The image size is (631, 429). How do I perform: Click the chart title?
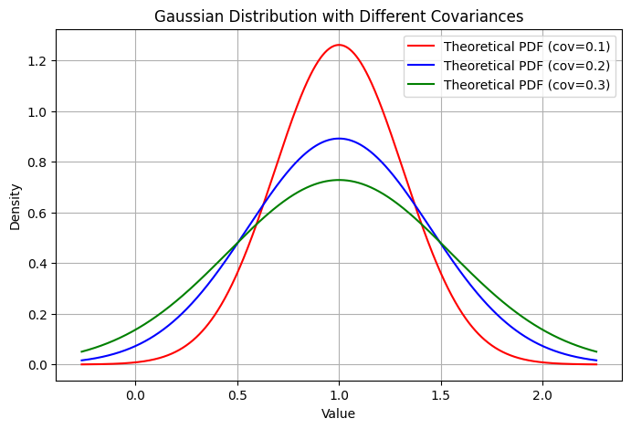tap(339, 16)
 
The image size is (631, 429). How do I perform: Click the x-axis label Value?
tap(339, 413)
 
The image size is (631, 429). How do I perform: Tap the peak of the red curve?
tap(339, 45)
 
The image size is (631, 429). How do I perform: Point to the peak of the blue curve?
tap(339, 139)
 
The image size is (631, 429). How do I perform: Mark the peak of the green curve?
tap(339, 180)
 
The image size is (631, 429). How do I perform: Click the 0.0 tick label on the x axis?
tap(135, 395)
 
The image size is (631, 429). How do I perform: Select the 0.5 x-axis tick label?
tap(237, 395)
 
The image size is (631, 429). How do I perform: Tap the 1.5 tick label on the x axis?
tap(441, 395)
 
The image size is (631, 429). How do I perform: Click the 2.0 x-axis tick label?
tap(542, 395)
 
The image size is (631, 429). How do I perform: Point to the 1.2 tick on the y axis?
tap(38, 61)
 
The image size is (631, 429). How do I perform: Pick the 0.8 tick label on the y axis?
tap(38, 162)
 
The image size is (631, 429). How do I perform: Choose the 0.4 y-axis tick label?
tap(38, 264)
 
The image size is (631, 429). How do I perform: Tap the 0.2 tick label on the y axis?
tap(38, 315)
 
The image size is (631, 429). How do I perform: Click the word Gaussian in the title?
tap(184, 16)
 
